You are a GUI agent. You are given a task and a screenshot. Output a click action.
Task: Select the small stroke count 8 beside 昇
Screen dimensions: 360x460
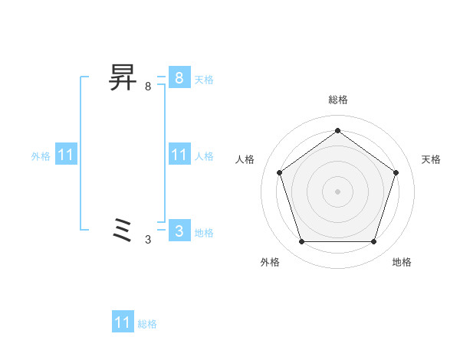point(148,87)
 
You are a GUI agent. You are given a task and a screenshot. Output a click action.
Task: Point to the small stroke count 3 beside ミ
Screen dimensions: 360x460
point(148,239)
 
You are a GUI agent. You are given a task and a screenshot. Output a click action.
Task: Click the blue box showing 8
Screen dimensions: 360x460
point(179,78)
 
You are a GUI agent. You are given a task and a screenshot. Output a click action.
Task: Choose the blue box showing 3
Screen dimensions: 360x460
point(179,230)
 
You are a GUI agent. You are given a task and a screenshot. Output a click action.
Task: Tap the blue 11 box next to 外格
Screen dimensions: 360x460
point(66,155)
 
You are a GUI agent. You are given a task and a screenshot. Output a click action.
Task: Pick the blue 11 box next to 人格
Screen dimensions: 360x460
point(179,155)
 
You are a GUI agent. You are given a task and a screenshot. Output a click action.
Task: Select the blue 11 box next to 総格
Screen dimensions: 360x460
point(123,322)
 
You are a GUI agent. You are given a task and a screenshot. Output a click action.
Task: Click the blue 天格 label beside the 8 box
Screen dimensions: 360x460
point(204,79)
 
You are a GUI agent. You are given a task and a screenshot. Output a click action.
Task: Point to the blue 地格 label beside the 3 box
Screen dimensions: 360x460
point(204,233)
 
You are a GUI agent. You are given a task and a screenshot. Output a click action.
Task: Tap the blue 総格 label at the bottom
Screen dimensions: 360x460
point(147,324)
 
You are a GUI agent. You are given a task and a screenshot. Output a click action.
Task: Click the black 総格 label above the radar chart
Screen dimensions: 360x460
point(337,100)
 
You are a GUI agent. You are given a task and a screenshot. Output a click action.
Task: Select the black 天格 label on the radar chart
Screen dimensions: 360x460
point(431,159)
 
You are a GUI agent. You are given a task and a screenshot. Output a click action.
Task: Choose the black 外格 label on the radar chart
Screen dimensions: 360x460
point(270,262)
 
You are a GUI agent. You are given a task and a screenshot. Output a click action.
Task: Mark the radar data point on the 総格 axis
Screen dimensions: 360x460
point(337,130)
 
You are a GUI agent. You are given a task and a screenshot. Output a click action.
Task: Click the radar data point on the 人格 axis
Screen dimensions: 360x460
point(279,172)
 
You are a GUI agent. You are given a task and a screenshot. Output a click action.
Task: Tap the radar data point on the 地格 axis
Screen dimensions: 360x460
point(373,241)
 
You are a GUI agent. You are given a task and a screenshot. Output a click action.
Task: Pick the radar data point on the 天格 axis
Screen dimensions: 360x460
point(396,172)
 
